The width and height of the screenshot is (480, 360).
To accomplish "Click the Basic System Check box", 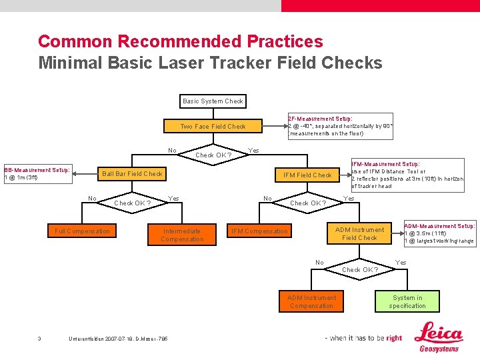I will click(213, 101).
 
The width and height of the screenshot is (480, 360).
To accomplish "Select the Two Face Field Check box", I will click(213, 126).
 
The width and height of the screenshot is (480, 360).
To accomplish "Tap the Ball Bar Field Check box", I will click(132, 174).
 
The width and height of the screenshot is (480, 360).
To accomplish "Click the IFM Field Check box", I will click(307, 175).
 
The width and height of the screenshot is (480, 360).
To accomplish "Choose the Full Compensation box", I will click(83, 231).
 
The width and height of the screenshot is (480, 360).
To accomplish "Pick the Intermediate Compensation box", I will click(182, 235).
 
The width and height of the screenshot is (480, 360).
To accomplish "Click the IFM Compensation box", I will click(259, 231).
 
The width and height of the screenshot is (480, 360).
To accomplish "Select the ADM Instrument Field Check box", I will click(359, 233).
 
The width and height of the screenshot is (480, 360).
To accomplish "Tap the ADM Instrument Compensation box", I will click(311, 301).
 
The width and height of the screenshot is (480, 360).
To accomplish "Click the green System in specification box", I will click(407, 301).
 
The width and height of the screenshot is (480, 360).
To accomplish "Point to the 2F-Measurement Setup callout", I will click(340, 126).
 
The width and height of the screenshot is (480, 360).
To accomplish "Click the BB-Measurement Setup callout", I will click(37, 173).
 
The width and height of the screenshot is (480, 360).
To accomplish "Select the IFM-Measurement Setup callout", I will click(407, 175).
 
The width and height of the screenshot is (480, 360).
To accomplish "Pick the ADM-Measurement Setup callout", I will click(439, 233).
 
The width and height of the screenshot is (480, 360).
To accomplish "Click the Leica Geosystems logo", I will click(439, 337).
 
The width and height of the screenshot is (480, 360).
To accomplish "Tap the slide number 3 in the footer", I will click(39, 339).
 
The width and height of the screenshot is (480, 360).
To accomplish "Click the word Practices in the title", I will click(285, 41).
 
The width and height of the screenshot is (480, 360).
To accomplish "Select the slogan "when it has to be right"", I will click(363, 338).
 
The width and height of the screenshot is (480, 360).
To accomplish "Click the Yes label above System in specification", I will click(401, 262).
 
